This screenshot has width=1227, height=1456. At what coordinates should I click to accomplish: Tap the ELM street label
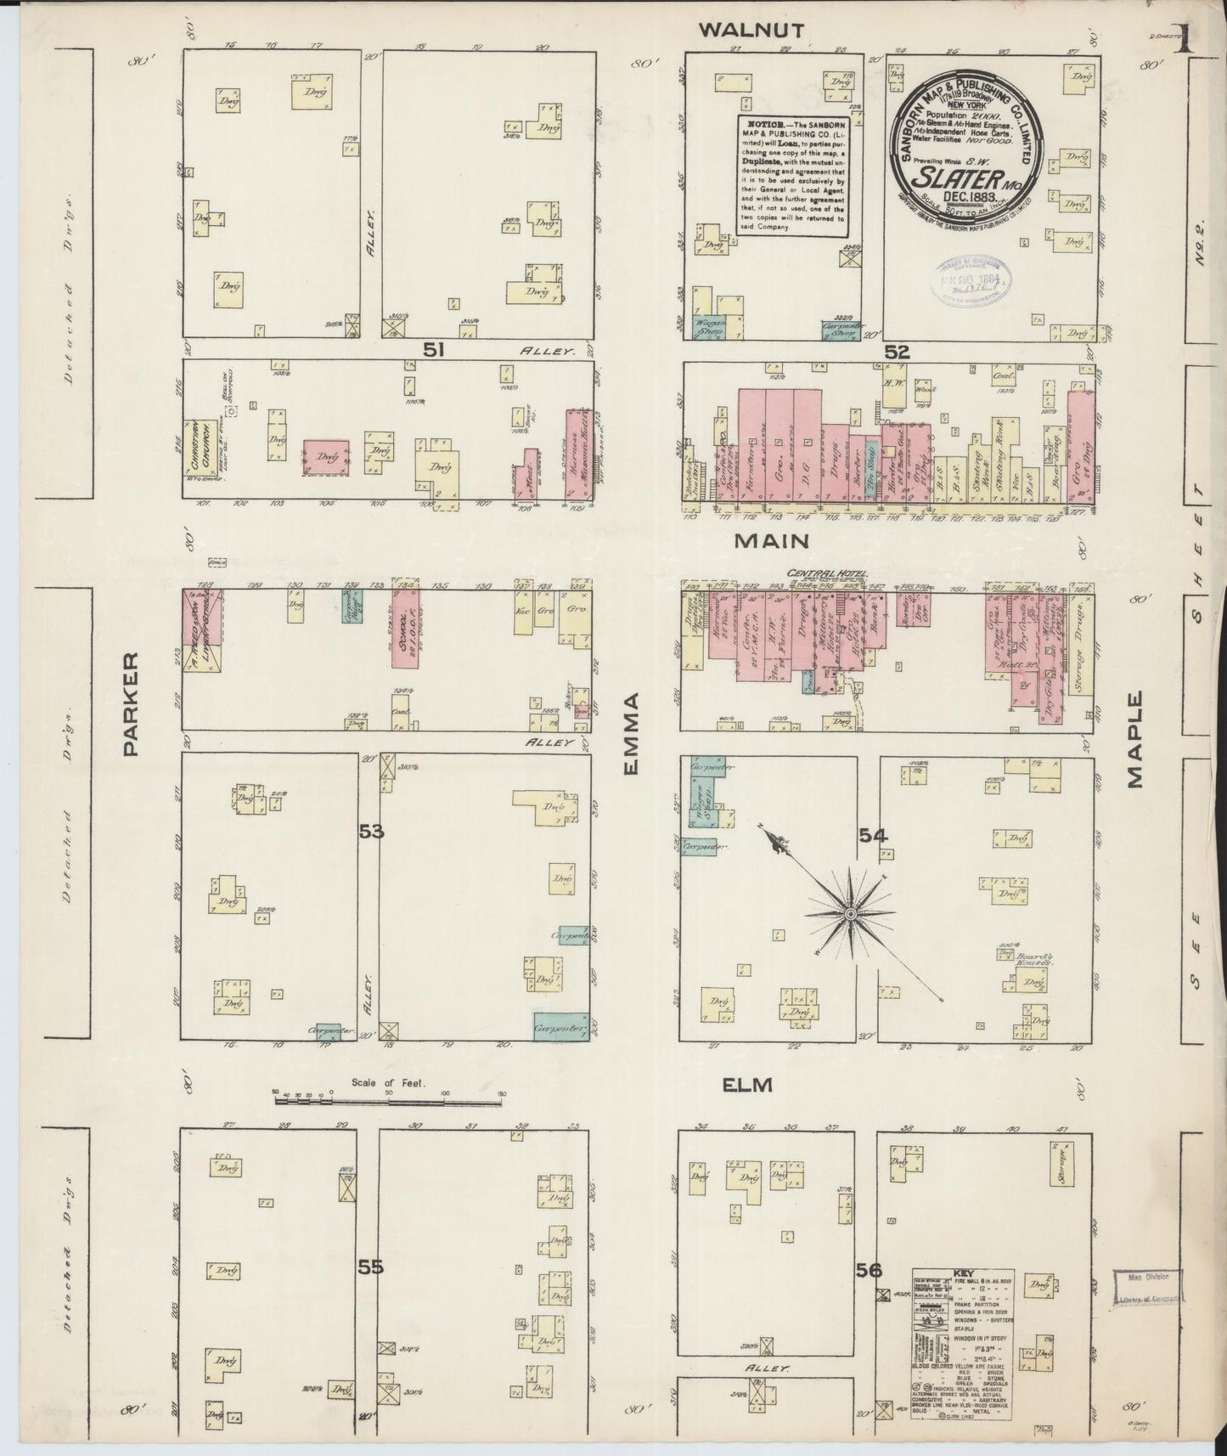pos(746,1085)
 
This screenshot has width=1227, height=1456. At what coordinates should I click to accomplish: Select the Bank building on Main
pos(875,629)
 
